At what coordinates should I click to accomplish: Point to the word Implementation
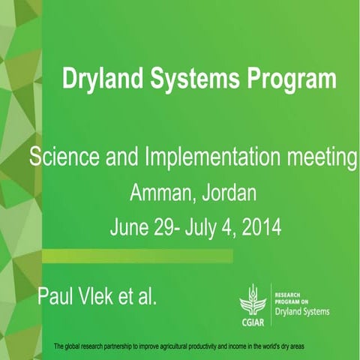208,158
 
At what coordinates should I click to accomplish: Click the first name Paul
56,295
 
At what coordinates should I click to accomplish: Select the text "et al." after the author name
140,295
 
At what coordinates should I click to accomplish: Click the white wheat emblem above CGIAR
253,299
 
